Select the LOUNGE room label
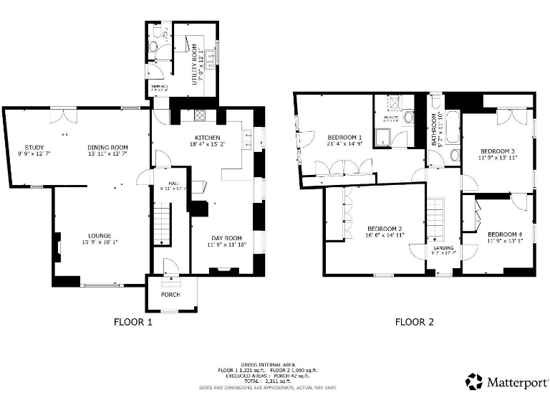pyautogui.click(x=100, y=235)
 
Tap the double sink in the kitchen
pyautogui.click(x=248, y=138)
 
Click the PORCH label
pyautogui.click(x=170, y=295)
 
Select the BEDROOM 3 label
pyautogui.click(x=498, y=151)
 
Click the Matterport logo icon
pyautogui.click(x=474, y=381)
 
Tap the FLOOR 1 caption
pyautogui.click(x=132, y=323)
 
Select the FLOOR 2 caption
pyautogui.click(x=415, y=323)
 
